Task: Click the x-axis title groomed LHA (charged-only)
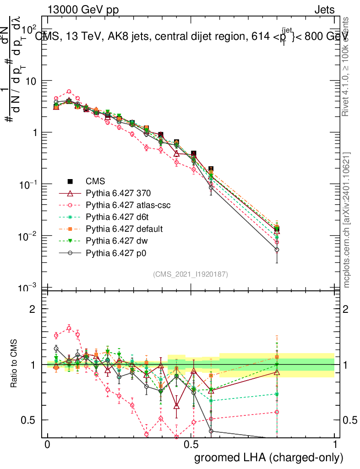(269, 458)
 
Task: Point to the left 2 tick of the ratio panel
(33, 309)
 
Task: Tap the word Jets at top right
(324, 10)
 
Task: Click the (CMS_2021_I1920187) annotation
(191, 274)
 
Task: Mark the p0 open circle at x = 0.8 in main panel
(277, 250)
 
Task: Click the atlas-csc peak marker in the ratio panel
(69, 328)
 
